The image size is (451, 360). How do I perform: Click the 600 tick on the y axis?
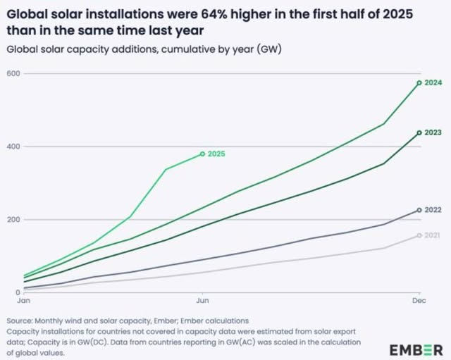(12, 73)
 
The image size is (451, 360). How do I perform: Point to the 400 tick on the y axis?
(12, 147)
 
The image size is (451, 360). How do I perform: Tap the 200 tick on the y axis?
(12, 220)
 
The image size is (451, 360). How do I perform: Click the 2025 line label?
(218, 154)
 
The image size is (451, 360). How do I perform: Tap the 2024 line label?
(433, 82)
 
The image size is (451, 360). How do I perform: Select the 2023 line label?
(433, 132)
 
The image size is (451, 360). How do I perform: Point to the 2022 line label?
(433, 210)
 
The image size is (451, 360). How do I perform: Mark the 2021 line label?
(433, 235)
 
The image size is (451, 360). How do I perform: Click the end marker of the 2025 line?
(203, 154)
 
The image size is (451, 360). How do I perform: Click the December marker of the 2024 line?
(419, 82)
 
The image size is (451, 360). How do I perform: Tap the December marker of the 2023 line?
(419, 132)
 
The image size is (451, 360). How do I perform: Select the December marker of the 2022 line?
(419, 210)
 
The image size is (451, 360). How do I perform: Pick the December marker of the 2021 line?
(419, 235)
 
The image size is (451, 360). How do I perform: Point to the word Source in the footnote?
(18, 321)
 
